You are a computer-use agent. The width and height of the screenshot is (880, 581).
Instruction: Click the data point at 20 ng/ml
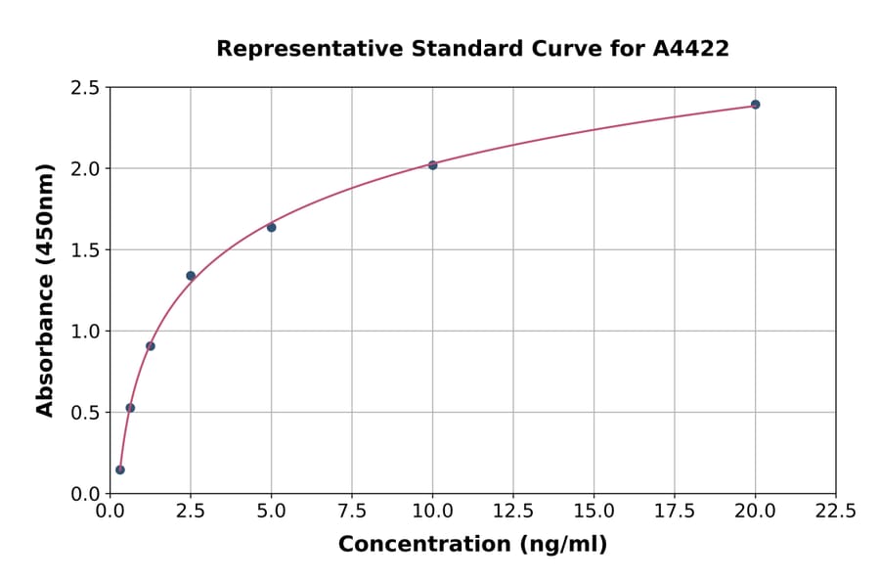pyautogui.click(x=755, y=105)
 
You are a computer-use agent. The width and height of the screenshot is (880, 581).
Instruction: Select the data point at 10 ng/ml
pyautogui.click(x=432, y=165)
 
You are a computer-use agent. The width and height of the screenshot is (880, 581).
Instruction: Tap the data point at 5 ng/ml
pyautogui.click(x=271, y=228)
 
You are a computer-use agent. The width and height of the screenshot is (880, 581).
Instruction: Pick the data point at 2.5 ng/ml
pyautogui.click(x=191, y=276)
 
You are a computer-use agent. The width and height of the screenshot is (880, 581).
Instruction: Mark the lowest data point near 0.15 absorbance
pyautogui.click(x=120, y=469)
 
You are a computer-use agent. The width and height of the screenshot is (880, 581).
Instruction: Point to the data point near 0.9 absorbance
pyautogui.click(x=151, y=346)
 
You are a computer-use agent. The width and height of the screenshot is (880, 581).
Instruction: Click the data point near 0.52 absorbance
pyautogui.click(x=130, y=408)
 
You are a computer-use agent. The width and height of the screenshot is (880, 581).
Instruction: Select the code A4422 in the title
pyautogui.click(x=690, y=49)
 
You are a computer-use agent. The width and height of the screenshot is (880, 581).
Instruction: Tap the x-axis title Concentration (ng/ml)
pyautogui.click(x=472, y=545)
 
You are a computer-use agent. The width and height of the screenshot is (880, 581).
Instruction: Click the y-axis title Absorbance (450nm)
pyautogui.click(x=45, y=290)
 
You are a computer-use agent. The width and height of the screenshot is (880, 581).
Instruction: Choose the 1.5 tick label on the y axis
pyautogui.click(x=85, y=250)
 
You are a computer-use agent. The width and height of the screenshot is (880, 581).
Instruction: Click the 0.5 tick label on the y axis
pyautogui.click(x=85, y=413)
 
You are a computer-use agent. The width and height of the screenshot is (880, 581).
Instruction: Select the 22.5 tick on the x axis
pyautogui.click(x=836, y=511)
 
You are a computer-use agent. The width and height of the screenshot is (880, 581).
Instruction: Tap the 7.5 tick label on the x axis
pyautogui.click(x=352, y=511)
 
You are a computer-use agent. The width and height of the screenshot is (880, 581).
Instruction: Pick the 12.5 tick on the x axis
pyautogui.click(x=513, y=511)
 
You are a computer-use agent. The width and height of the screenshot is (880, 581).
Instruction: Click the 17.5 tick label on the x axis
pyautogui.click(x=675, y=511)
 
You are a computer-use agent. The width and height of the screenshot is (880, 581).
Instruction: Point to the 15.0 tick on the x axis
pyautogui.click(x=594, y=511)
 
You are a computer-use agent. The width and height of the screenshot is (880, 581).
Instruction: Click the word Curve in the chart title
pyautogui.click(x=571, y=49)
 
